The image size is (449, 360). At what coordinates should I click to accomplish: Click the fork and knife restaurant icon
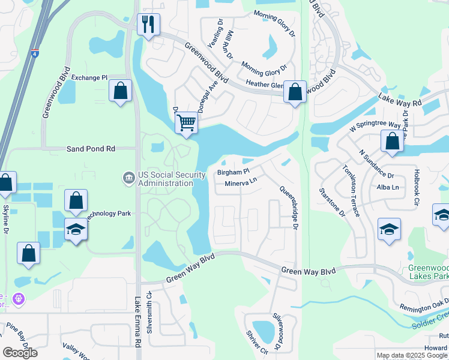point(148,25)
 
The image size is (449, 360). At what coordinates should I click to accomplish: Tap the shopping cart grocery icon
point(186,123)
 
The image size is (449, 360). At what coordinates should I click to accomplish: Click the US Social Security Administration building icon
point(128,178)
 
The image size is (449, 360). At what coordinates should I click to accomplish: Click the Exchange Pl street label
point(89,78)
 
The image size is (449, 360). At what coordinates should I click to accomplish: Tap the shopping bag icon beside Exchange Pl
point(121,92)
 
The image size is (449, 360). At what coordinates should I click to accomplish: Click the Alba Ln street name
point(387,187)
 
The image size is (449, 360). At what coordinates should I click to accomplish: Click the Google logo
point(20,353)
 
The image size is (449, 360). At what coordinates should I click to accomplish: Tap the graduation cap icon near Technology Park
point(76,230)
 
